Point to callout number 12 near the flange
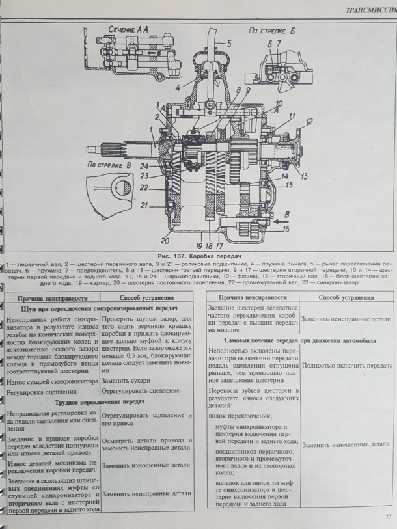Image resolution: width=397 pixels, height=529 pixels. pyautogui.click(x=310, y=122)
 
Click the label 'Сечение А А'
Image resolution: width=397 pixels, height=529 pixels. pyautogui.click(x=124, y=29)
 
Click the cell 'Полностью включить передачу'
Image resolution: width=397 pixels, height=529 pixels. pyautogui.click(x=348, y=366)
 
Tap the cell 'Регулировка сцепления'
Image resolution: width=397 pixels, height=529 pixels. pyautogui.click(x=40, y=392)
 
